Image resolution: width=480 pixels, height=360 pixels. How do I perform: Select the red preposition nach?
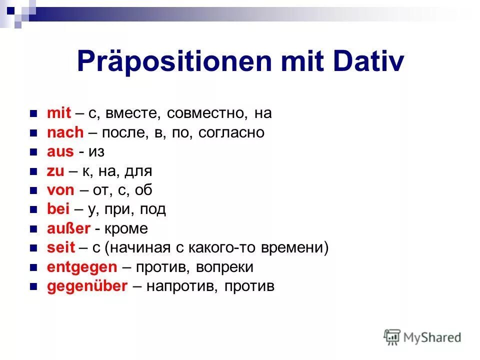pyautogui.click(x=65, y=132)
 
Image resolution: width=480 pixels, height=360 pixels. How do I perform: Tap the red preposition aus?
pyautogui.click(x=60, y=152)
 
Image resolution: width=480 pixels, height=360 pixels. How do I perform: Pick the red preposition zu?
pyautogui.click(x=55, y=171)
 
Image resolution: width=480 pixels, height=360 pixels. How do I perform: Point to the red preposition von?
pyautogui.click(x=60, y=190)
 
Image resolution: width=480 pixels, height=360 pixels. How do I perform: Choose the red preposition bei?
pyautogui.click(x=58, y=209)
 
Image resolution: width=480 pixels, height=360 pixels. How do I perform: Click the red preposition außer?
pyautogui.click(x=68, y=228)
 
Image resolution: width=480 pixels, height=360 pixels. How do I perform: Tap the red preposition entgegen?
pyautogui.click(x=81, y=267)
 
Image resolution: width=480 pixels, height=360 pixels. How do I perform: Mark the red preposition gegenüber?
pyautogui.click(x=87, y=286)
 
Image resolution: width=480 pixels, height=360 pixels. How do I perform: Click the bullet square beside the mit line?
pyautogui.click(x=34, y=114)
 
